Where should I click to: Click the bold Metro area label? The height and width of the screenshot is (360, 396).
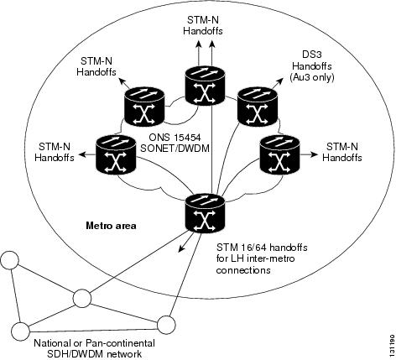112,226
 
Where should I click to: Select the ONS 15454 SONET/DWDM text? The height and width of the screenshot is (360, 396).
175,143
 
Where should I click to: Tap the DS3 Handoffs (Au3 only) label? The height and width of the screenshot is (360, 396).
312,66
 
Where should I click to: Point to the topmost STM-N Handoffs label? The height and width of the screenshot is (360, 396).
203,25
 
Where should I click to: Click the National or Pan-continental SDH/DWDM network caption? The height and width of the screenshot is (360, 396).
94,347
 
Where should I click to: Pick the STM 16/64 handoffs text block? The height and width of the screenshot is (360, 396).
262,259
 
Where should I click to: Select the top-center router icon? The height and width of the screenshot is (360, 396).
205,86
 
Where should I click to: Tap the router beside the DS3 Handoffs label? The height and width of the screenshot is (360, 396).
258,107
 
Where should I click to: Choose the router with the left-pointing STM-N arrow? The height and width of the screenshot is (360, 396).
116,154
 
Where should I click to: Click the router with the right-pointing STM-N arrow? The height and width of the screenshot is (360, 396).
280,154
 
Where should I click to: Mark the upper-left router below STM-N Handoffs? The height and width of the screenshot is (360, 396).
144,107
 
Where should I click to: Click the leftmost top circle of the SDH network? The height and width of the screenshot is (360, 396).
10,260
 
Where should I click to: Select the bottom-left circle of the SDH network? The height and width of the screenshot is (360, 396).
20,331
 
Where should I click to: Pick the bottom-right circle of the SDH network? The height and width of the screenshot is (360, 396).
166,325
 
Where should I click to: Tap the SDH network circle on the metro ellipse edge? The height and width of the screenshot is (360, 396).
82,299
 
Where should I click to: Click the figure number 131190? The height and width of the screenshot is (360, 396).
392,344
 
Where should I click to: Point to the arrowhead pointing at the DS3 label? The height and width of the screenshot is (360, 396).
280,81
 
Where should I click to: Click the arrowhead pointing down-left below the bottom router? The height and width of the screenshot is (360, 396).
182,248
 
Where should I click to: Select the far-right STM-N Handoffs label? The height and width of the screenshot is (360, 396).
342,152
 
